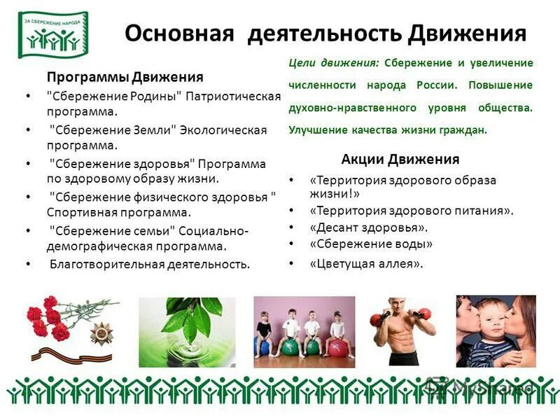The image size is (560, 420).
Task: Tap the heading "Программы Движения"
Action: (125, 76)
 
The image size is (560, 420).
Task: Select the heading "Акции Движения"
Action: (400, 159)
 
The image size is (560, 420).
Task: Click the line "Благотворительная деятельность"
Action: (149, 264)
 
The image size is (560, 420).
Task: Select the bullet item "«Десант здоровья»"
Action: (368, 227)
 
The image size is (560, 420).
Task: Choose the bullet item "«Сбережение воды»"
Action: (371, 244)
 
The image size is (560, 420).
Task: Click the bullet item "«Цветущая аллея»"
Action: (366, 264)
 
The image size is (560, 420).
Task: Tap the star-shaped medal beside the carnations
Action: (101, 333)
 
